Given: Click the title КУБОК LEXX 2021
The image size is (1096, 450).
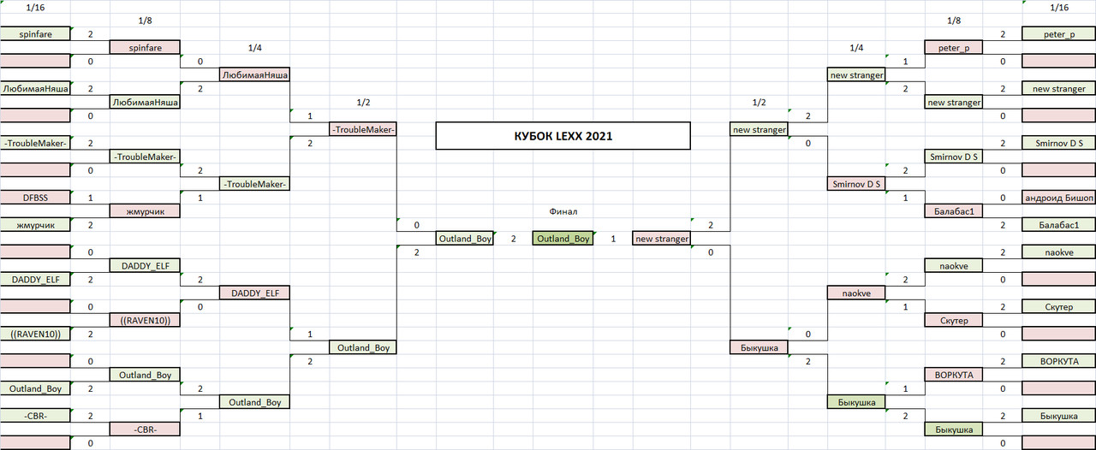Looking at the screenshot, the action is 563,136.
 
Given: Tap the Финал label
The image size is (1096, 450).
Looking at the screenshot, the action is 563,211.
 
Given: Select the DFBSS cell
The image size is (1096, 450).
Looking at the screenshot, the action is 35,198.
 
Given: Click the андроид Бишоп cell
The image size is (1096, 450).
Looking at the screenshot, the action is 1059,198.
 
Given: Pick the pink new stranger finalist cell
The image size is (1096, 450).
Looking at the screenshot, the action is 662,239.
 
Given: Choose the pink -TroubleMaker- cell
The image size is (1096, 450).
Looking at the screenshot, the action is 363,130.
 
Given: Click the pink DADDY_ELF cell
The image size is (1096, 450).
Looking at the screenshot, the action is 254,293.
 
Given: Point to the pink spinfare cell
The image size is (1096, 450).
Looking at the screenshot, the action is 145,47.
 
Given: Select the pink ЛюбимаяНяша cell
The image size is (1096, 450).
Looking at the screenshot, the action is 254,74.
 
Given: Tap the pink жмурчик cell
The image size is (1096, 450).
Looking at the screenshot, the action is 145,211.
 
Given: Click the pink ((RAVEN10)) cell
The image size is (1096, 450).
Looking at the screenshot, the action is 145,320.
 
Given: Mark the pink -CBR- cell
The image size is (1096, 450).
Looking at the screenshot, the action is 145,429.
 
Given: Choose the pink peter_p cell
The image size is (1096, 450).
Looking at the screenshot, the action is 954,47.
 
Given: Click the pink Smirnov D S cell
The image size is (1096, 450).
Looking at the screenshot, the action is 856,184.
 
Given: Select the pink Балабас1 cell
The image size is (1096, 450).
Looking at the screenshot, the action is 954,211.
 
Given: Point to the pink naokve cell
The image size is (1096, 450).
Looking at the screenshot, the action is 856,293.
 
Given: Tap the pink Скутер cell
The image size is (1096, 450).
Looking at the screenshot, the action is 954,320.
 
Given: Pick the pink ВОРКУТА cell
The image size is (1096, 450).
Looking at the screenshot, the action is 954,376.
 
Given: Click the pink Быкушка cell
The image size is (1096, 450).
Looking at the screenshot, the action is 759,348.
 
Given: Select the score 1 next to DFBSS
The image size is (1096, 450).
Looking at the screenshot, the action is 90,198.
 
